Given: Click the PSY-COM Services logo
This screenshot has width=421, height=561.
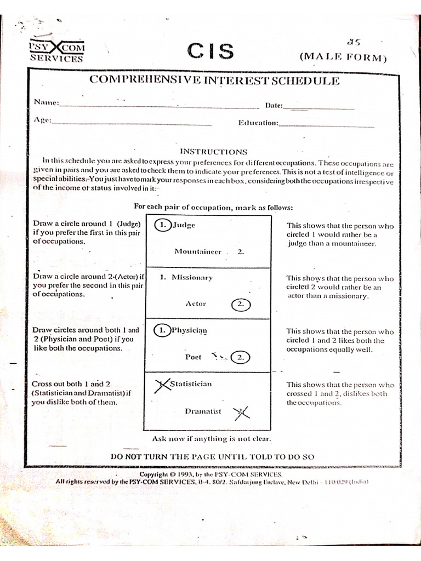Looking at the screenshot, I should (x=56, y=51).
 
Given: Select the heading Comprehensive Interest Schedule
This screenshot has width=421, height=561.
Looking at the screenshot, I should (x=214, y=81).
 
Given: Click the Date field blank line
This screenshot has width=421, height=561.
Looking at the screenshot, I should (x=322, y=108).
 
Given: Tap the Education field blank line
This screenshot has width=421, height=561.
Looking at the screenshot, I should (x=327, y=126).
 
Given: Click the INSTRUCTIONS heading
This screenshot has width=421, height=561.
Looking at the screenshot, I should (x=214, y=151).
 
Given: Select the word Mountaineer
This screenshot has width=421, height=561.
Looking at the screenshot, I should (x=198, y=252).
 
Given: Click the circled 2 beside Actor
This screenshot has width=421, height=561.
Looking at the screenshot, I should (x=240, y=304).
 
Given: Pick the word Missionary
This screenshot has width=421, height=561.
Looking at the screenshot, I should (x=192, y=277).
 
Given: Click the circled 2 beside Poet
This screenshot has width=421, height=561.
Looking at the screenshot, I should (x=240, y=357).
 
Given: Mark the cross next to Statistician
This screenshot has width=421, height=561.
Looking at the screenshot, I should (x=161, y=385).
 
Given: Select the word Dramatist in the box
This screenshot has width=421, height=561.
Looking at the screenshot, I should (x=203, y=411).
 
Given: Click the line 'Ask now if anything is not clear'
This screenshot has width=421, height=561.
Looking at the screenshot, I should (x=211, y=439).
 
